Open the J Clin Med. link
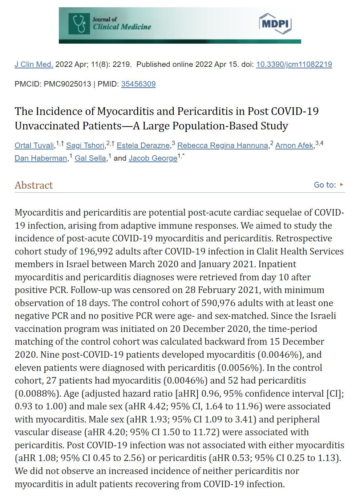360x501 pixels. coord(34,64)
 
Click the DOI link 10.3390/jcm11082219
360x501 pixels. coord(294,64)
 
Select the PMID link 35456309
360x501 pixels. coord(138,84)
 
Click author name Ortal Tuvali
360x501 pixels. coord(35,145)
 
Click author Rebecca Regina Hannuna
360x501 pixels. coord(223,145)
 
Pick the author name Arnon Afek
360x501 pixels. coord(294,145)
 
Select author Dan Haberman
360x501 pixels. coord(41,158)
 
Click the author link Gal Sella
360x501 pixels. coord(90,158)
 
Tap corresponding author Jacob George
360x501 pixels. coord(153,158)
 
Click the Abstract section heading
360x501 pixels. coord(34,185)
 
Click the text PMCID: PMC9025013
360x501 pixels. coord(53,84)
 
